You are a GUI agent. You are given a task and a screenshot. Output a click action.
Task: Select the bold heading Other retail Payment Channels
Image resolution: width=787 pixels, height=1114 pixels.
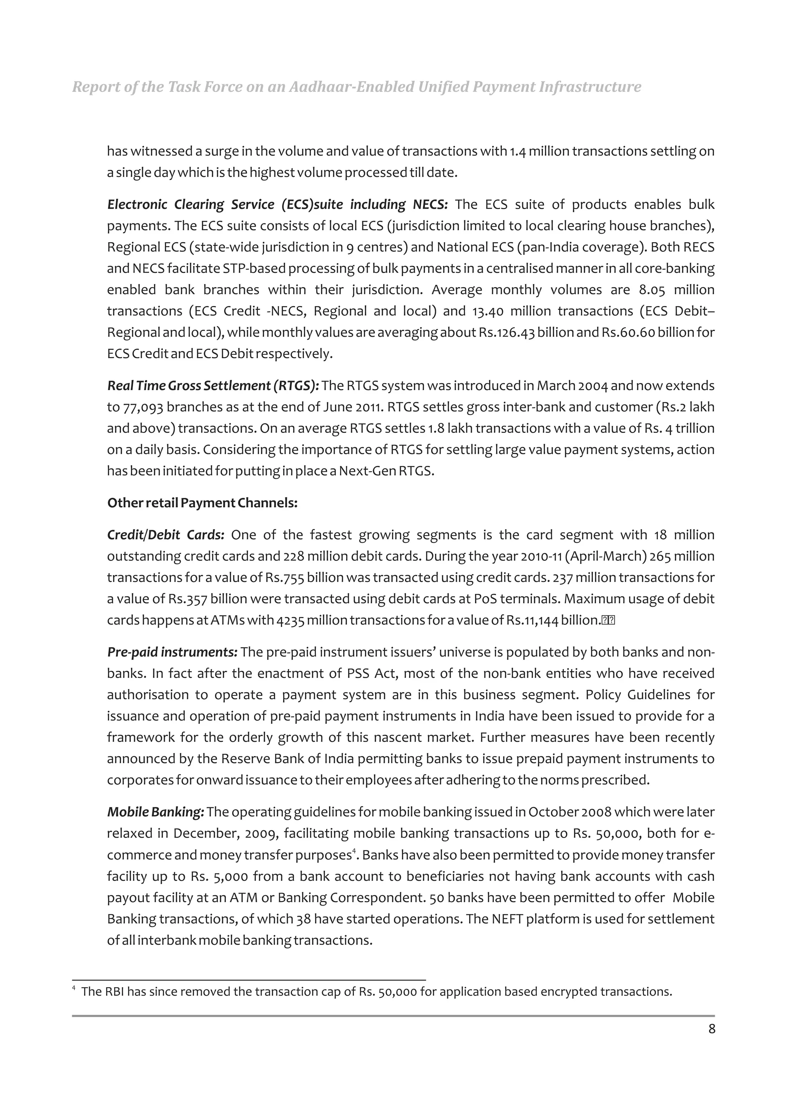[202, 503]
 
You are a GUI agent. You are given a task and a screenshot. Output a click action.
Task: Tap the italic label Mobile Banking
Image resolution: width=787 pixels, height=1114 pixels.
[156, 812]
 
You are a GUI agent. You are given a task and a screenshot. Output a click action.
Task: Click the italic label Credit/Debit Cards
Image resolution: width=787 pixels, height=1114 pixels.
[165, 535]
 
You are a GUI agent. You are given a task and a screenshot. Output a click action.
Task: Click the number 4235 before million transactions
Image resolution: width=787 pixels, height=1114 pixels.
[290, 620]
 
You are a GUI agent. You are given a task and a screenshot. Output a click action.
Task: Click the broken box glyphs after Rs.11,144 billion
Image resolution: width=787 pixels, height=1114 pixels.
[608, 620]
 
